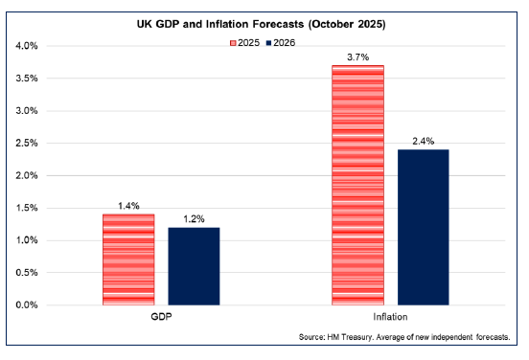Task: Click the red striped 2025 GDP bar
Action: [128, 259]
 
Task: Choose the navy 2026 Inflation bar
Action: [423, 227]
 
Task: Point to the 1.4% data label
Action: [128, 205]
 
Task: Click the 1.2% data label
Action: [194, 218]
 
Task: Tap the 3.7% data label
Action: [357, 56]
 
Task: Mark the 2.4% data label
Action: [423, 141]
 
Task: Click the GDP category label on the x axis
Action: [161, 317]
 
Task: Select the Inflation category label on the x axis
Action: [390, 317]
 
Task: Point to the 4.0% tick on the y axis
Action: [25, 46]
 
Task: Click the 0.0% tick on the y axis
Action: [25, 305]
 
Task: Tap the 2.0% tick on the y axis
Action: [25, 175]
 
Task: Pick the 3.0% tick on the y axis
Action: [25, 111]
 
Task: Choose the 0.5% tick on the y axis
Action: [25, 273]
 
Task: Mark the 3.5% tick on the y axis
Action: [25, 79]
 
